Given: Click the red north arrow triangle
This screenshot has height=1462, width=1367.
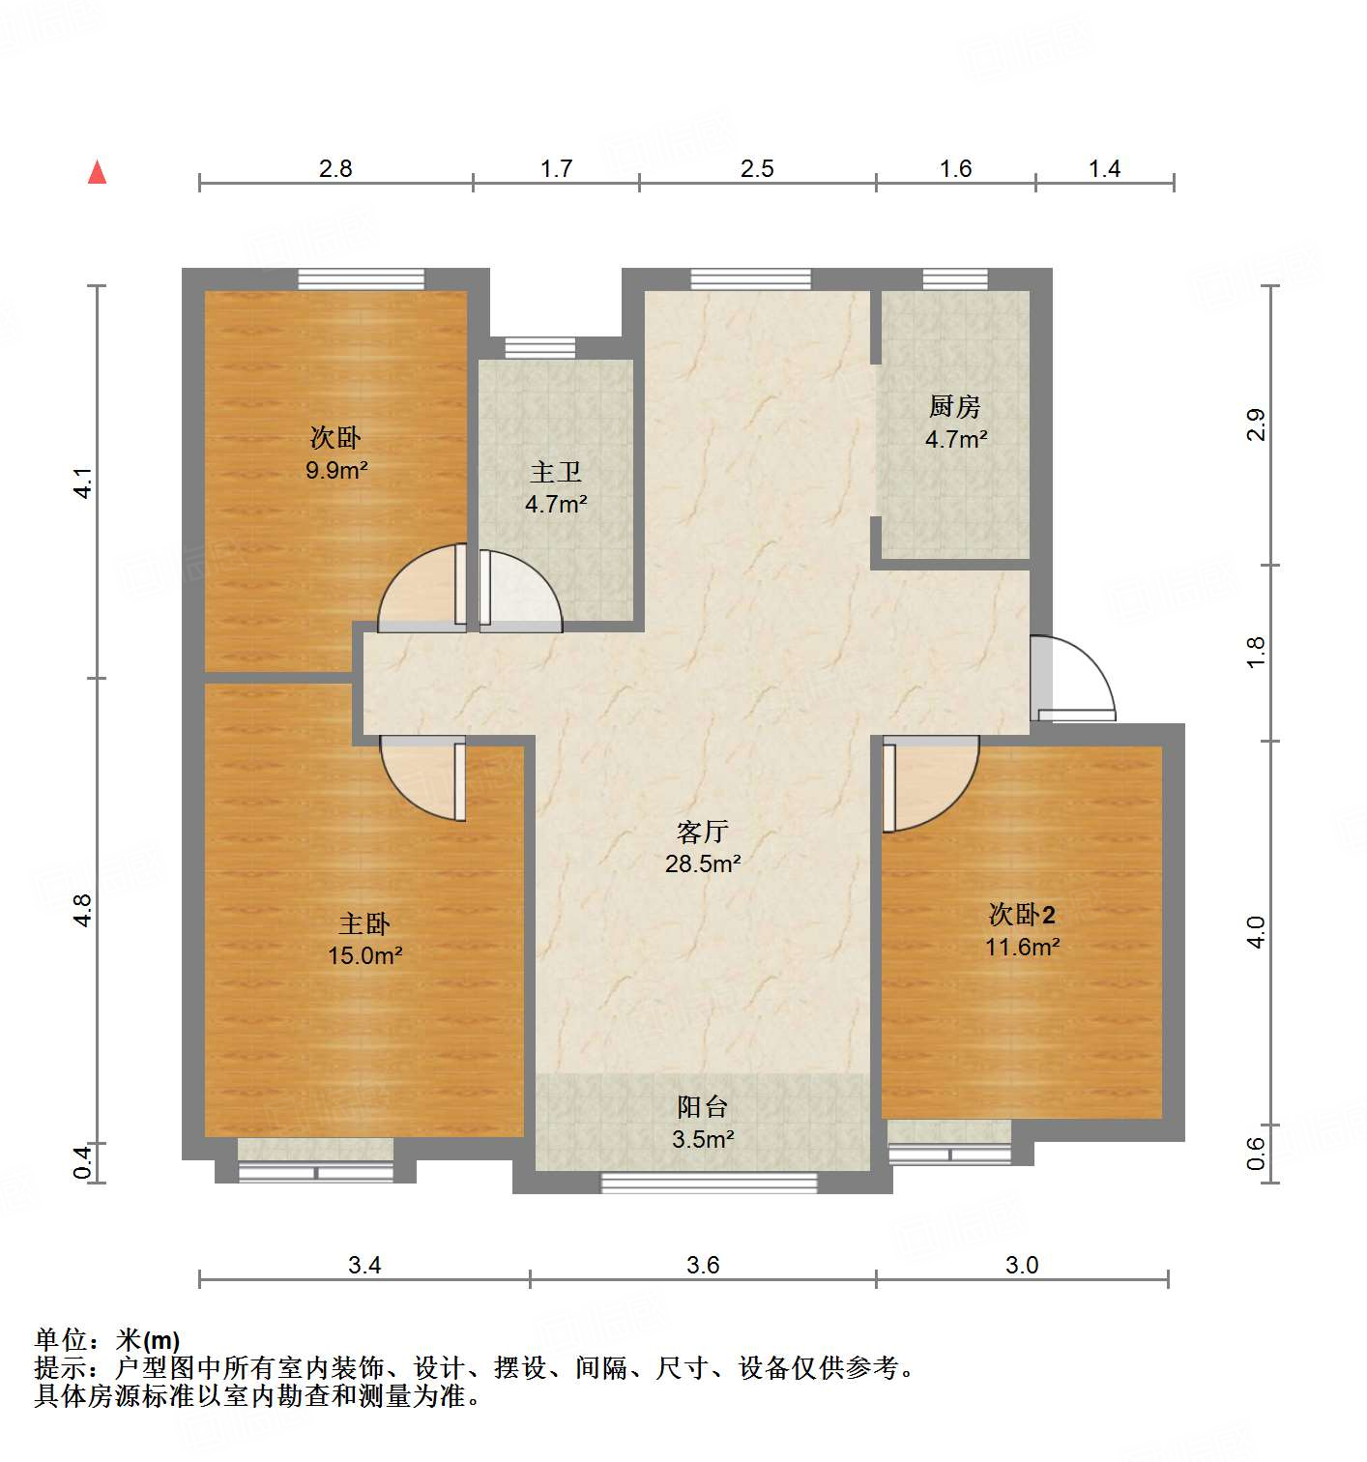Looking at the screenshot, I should pos(97,172).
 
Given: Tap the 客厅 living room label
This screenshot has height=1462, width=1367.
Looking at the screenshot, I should pos(703,832).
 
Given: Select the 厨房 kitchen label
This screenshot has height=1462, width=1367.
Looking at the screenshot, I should pos(954,406).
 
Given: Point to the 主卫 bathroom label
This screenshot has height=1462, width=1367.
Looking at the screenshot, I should pos(556,472).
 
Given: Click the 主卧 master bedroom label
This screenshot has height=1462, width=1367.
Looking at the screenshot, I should pos(364,923).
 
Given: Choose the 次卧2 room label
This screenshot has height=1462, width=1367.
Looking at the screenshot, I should pos(1022,914).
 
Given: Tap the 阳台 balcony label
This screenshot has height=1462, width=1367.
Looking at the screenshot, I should pos(703,1107).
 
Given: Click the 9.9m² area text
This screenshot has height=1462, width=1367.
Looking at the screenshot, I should pos(335,471).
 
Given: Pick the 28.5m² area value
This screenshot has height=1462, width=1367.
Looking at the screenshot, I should pos(703,863).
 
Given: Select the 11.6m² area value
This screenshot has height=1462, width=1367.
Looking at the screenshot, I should pos(1022,947).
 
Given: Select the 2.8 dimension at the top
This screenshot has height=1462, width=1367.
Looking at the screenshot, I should pos(335,168).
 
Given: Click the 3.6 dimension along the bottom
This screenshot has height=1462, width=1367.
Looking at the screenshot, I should pos(703,1265).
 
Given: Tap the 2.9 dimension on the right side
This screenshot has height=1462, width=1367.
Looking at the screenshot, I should pos(1255,425).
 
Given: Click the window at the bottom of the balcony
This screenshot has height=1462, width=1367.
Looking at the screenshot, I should pos(709,1183).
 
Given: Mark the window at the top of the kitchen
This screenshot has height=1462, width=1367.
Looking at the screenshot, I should pos(955,279).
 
